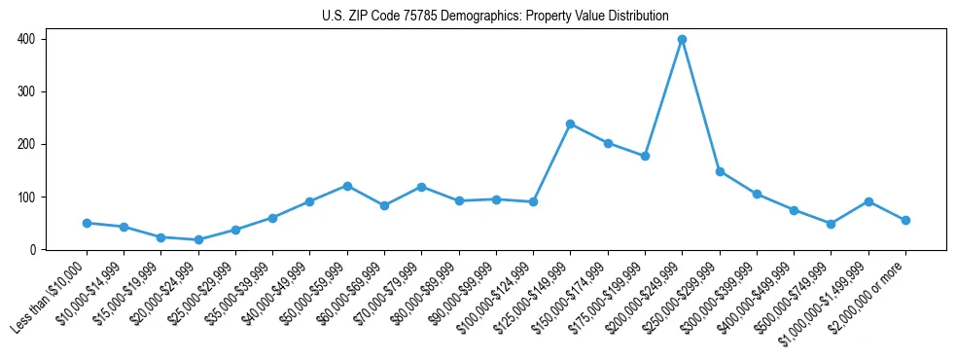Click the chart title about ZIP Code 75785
point(495,16)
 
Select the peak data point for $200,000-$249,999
point(682,40)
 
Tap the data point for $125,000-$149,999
point(570,124)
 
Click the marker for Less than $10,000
point(87,223)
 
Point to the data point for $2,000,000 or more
point(905,220)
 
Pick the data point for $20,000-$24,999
point(198,239)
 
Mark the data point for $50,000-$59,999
point(347,186)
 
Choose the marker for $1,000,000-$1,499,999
point(868,201)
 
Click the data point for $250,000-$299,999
point(719,171)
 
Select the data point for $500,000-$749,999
point(831,224)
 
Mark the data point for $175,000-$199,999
point(645,156)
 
